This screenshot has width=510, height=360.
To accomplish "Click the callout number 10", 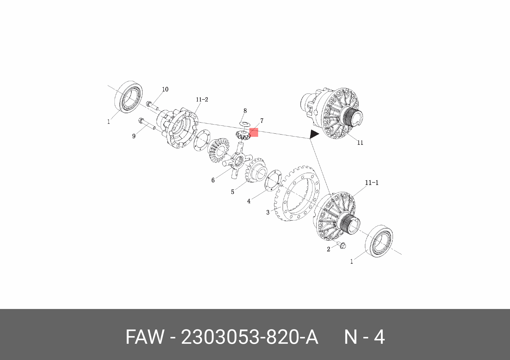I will (x=165, y=90).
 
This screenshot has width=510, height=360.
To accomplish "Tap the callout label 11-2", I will (x=202, y=99).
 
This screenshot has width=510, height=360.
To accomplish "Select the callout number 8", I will (x=245, y=111).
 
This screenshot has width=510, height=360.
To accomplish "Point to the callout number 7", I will (x=262, y=121).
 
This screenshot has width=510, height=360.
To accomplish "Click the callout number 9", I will (x=134, y=136).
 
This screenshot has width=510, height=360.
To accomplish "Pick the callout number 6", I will (x=213, y=180).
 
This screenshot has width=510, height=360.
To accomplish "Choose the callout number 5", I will (x=232, y=192).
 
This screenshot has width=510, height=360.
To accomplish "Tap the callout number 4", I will (x=249, y=201).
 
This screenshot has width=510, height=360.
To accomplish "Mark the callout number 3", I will (x=268, y=212).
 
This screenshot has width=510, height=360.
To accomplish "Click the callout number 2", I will (x=329, y=249).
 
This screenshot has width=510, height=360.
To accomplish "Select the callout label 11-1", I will (x=372, y=183).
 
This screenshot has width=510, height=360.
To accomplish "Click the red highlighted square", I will (x=254, y=133).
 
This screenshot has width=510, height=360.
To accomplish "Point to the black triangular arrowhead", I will (x=314, y=134).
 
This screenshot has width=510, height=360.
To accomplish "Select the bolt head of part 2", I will (x=343, y=245).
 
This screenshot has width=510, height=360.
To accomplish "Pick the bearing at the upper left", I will (x=128, y=97).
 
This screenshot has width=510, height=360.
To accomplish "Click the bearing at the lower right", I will (x=379, y=241).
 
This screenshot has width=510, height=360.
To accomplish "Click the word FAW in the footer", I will (x=145, y=337).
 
